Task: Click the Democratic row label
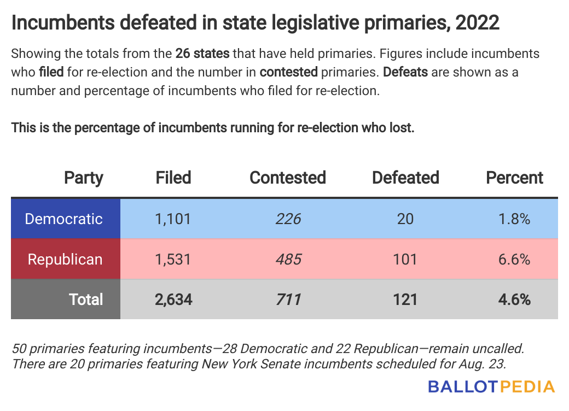pos(64,219)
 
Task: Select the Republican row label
pos(65,259)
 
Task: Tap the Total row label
pos(86,300)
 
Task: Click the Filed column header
pos(173,178)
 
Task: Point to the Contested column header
pos(288,178)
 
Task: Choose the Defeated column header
pos(405,178)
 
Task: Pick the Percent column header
pos(515,178)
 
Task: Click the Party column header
pos(84,178)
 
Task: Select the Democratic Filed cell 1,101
pos(173,219)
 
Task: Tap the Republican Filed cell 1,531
pos(173,259)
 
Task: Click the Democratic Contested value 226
pos(288,219)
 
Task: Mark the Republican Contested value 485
pos(288,259)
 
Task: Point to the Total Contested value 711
pos(288,300)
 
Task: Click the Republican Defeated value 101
pos(405,259)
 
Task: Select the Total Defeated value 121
pos(405,300)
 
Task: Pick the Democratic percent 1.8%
pos(515,219)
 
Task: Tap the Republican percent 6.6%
pos(515,259)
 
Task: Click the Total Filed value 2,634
pos(173,300)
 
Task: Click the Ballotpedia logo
pos(491,387)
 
